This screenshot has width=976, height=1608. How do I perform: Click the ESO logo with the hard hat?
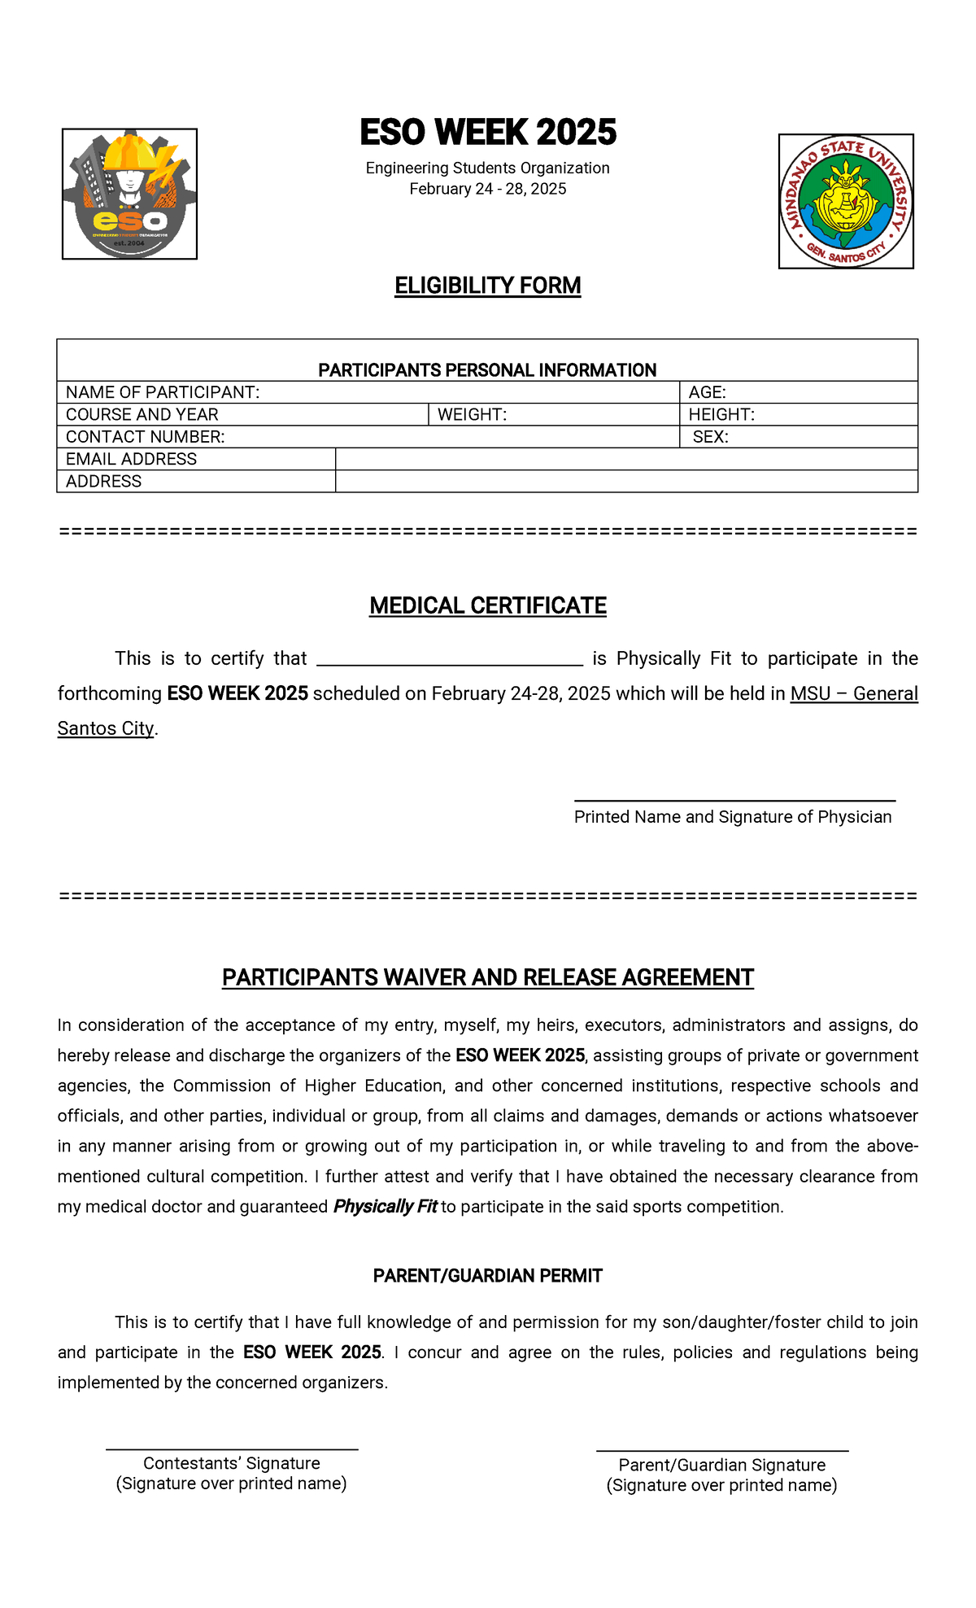click(x=129, y=194)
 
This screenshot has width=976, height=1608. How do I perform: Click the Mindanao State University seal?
click(x=846, y=201)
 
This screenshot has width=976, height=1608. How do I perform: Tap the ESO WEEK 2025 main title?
click(x=488, y=133)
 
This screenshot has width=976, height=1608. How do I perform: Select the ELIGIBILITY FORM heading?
click(x=488, y=286)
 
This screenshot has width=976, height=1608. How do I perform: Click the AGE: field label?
click(x=707, y=392)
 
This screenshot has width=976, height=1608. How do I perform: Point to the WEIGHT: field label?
click(x=472, y=415)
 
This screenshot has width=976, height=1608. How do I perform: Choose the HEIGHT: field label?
click(x=721, y=415)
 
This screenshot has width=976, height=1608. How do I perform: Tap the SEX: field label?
click(x=710, y=437)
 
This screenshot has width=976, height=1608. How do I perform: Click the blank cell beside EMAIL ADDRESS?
click(x=626, y=459)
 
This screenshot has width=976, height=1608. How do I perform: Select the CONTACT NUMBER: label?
click(x=145, y=437)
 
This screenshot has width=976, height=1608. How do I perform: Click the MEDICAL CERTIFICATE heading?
click(x=488, y=605)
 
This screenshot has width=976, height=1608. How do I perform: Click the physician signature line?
click(x=734, y=801)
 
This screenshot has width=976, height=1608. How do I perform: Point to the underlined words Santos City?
click(x=106, y=728)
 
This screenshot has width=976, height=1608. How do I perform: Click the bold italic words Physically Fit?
click(x=385, y=1207)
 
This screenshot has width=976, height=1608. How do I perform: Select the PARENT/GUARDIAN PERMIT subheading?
click(x=488, y=1276)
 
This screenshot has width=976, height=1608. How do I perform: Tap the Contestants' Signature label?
click(x=232, y=1463)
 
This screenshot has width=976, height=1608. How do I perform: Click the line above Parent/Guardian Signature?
click(x=722, y=1451)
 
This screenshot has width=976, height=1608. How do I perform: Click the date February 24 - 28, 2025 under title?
click(x=488, y=190)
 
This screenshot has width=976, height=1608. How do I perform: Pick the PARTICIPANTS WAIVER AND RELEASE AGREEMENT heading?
click(x=488, y=977)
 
